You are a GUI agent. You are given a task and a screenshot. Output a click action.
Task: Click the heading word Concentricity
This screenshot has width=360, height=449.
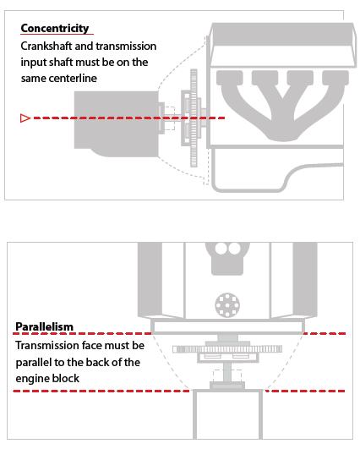(55, 29)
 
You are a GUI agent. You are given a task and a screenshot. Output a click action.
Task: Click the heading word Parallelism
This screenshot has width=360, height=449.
(44, 326)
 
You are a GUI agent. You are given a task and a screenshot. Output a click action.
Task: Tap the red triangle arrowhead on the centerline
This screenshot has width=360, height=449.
(25, 118)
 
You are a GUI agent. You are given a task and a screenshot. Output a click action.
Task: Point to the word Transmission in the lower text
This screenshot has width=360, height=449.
(44, 345)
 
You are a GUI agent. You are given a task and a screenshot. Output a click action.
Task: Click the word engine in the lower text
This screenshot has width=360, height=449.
(30, 379)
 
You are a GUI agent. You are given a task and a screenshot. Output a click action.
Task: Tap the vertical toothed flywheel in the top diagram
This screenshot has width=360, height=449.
(194, 118)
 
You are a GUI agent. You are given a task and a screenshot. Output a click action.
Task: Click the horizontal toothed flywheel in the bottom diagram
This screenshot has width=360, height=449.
(227, 349)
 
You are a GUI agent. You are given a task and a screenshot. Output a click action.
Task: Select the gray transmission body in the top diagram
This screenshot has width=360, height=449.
(116, 123)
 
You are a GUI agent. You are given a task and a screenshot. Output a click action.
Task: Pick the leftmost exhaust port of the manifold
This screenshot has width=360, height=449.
(230, 78)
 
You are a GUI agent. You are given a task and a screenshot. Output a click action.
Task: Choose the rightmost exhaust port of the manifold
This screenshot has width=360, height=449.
(335, 78)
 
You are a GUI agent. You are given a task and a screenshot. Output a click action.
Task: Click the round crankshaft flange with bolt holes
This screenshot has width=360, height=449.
(227, 305)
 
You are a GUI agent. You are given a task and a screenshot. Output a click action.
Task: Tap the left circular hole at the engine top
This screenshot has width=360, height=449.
(221, 249)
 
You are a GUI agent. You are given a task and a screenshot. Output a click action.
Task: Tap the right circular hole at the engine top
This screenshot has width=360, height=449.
(235, 249)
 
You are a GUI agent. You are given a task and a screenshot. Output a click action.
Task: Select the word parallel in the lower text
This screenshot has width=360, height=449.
(33, 363)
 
